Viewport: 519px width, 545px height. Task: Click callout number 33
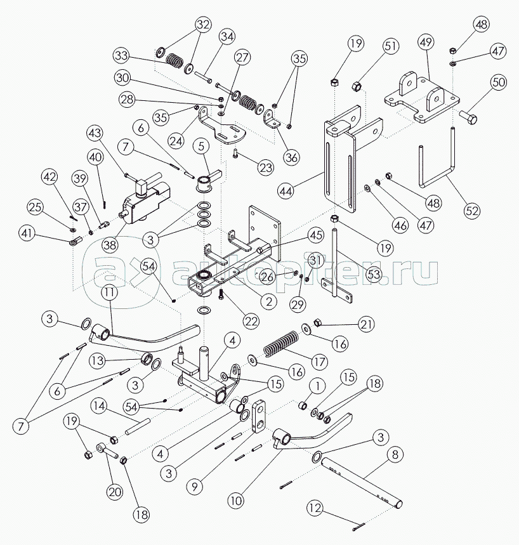pyautogui.click(x=121, y=56)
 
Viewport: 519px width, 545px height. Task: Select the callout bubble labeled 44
pyautogui.click(x=286, y=191)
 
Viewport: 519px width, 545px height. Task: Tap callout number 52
pyautogui.click(x=471, y=211)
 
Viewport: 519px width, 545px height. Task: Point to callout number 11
pyautogui.click(x=110, y=292)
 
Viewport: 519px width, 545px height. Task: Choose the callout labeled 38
pyautogui.click(x=110, y=245)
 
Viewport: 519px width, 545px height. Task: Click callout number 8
pyautogui.click(x=395, y=454)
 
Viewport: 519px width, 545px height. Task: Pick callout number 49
pyautogui.click(x=426, y=42)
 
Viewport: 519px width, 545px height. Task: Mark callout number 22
pyautogui.click(x=251, y=322)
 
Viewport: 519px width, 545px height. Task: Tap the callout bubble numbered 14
pyautogui.click(x=99, y=405)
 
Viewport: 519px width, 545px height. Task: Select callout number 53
pyautogui.click(x=374, y=274)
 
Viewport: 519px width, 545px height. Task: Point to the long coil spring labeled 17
pyautogui.click(x=280, y=344)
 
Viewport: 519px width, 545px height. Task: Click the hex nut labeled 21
pyautogui.click(x=317, y=322)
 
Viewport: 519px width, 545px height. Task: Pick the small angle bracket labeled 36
pyautogui.click(x=273, y=119)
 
